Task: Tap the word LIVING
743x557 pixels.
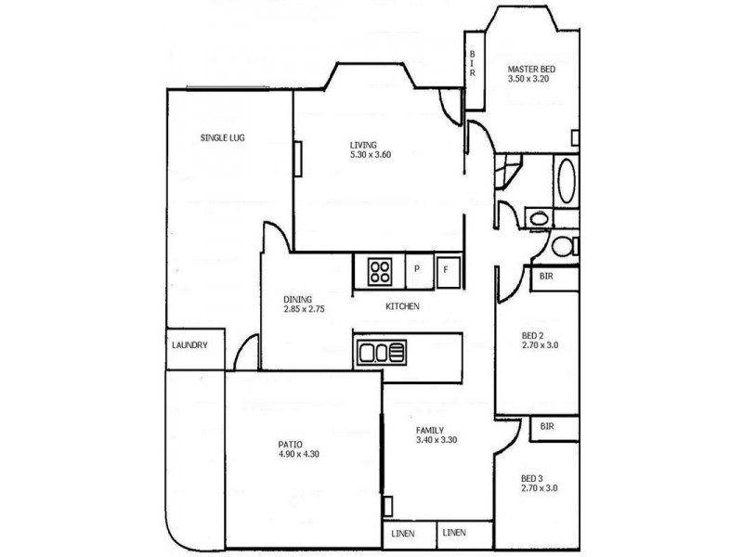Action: (x=363, y=145)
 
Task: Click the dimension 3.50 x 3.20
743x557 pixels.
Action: (x=530, y=80)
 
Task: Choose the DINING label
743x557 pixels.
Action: (x=298, y=299)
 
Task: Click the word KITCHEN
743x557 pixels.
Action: (x=403, y=306)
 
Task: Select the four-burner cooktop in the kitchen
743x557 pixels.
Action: (x=381, y=271)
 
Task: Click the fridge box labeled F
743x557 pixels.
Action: (x=446, y=270)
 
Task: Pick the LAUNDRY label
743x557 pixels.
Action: (x=190, y=345)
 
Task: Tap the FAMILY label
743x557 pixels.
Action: (x=429, y=430)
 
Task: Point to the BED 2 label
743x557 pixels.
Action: (x=534, y=335)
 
